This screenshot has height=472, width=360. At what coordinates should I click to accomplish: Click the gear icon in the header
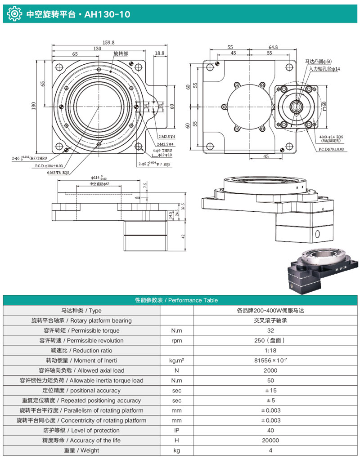[14, 14]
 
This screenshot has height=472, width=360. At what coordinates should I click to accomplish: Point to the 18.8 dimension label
[159, 53]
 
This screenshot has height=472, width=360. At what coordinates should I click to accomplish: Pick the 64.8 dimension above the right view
[273, 47]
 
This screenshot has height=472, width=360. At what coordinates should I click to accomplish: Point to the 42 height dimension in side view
[182, 237]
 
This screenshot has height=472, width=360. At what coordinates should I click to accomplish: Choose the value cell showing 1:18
[270, 350]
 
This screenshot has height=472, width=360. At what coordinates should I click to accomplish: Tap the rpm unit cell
[176, 340]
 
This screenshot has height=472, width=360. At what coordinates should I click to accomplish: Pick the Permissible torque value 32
[270, 330]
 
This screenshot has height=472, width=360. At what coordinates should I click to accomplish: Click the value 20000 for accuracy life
[270, 441]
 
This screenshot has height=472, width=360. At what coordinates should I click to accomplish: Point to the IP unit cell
[176, 430]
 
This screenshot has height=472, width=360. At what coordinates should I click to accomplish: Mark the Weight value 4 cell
[270, 450]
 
